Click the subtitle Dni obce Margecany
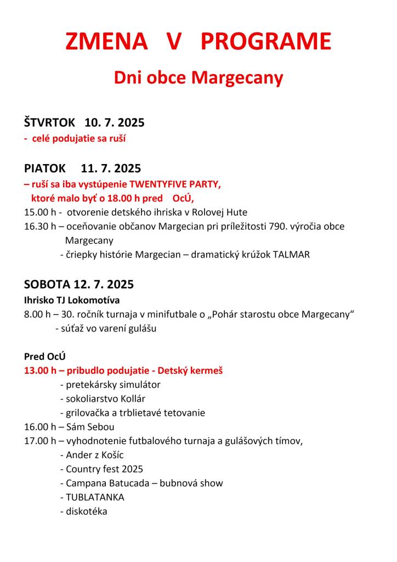[x=198, y=78]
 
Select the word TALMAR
[x=291, y=255]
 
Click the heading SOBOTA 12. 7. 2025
[x=79, y=285]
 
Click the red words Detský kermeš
[x=191, y=370]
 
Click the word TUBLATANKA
[x=95, y=497]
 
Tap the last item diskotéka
[x=86, y=512]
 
